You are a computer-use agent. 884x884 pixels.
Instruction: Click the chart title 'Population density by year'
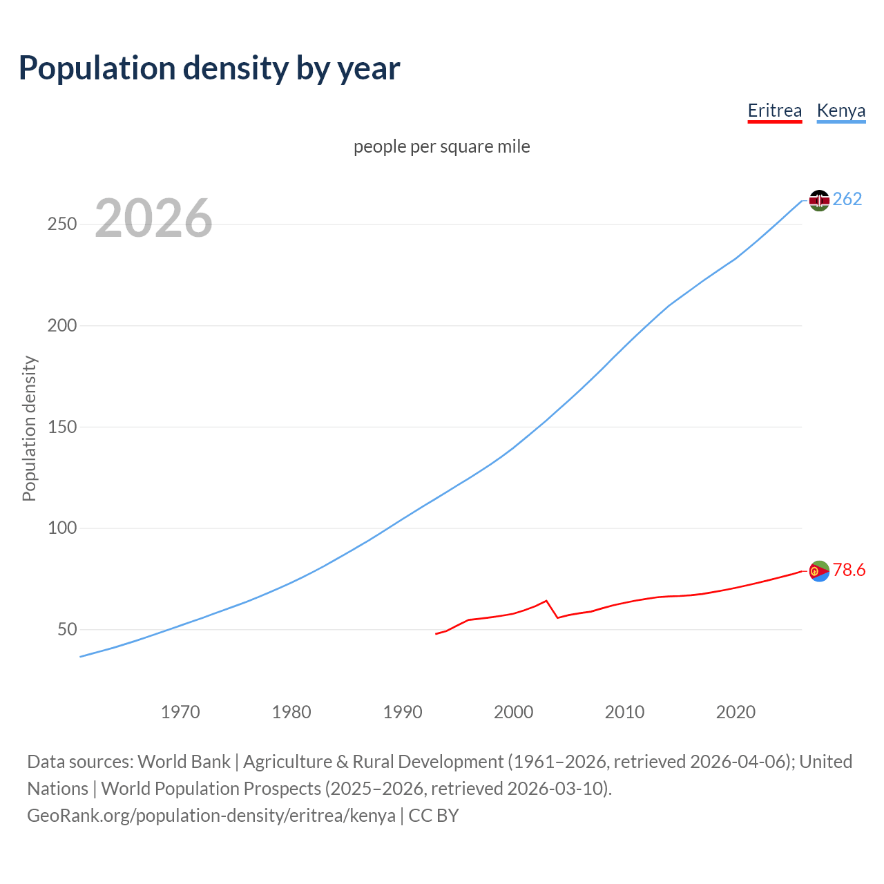[209, 68]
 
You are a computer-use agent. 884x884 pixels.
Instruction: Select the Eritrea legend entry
[774, 110]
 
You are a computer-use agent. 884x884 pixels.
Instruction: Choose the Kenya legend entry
[840, 110]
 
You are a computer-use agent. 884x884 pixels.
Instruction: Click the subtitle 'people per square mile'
[441, 146]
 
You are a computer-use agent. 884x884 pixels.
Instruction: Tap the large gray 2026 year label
[153, 218]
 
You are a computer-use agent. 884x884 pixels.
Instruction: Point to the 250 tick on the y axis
[62, 224]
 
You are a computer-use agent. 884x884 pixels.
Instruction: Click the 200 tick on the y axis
[62, 325]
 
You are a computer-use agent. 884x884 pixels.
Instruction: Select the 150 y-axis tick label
[62, 427]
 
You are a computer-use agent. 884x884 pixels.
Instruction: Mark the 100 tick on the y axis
[62, 528]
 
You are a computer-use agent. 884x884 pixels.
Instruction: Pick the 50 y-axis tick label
[67, 629]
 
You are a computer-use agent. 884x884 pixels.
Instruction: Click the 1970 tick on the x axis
[180, 712]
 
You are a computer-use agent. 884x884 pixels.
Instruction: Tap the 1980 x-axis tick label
[291, 712]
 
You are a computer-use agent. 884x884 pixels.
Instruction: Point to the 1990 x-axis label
[403, 712]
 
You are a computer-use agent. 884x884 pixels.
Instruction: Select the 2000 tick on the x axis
[513, 712]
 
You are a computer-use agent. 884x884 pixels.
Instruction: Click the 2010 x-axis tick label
[624, 712]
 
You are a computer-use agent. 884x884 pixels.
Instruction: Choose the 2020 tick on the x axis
[736, 712]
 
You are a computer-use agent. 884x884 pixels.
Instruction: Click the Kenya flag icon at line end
[819, 200]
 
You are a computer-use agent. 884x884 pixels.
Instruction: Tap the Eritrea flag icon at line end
[819, 571]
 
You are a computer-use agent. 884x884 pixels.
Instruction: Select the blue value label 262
[847, 200]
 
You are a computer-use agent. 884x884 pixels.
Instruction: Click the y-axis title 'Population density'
[29, 428]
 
